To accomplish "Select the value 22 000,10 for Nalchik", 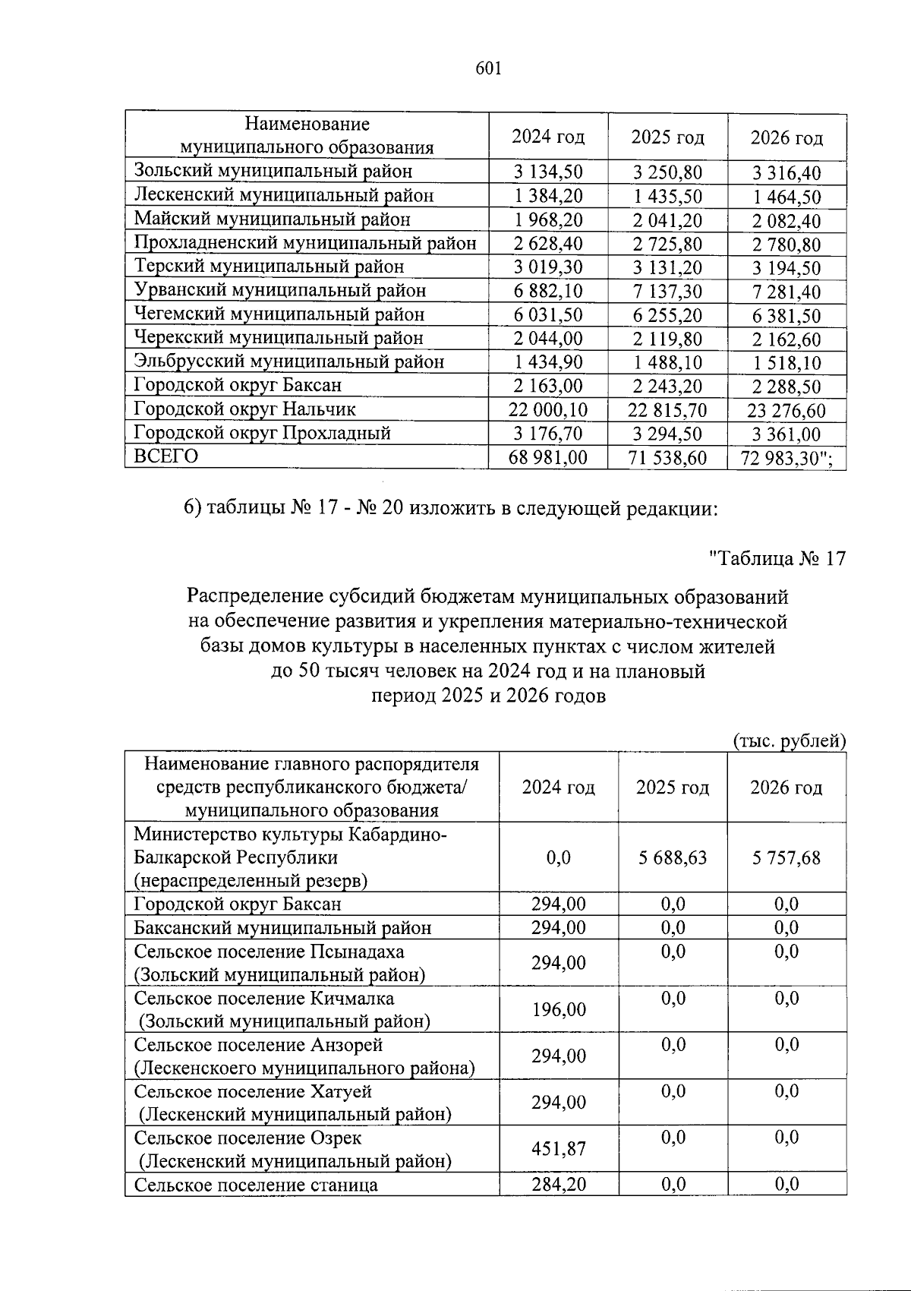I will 547,410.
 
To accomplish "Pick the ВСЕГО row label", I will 165,456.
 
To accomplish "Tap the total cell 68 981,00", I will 547,458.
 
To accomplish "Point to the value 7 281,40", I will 786,292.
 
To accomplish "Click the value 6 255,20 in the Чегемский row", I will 667,316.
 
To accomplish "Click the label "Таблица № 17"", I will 777,559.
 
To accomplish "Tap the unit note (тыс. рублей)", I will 789,740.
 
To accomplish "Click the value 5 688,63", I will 672,858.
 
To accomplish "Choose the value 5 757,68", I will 786,858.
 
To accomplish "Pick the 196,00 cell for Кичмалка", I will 558,1010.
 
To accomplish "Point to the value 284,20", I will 558,1184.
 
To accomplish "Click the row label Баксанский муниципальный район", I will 282,928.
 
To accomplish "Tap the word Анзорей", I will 346,1045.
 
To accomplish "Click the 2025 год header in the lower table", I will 672,788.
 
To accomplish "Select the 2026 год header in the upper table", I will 786,137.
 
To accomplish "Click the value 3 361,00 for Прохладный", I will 786,434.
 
